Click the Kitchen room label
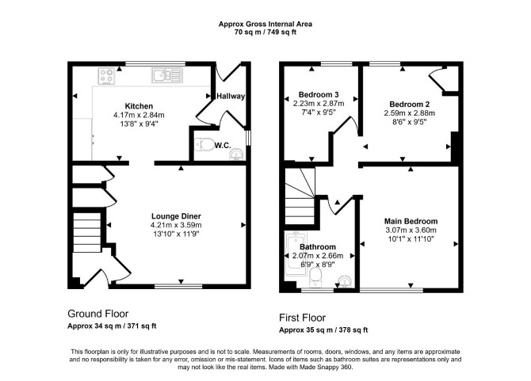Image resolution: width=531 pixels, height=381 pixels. [139, 106]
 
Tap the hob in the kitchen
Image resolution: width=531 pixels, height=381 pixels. [106, 76]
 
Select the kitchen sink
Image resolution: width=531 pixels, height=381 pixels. [167, 75]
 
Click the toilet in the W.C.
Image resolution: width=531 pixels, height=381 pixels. [204, 144]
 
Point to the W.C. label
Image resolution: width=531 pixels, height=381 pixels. [223, 146]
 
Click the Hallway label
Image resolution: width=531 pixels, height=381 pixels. [231, 96]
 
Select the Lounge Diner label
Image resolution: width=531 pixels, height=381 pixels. [176, 216]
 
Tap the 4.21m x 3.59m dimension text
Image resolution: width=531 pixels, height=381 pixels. [176, 225]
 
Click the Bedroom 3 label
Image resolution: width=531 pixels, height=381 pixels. [319, 94]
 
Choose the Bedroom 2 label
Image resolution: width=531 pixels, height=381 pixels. [410, 105]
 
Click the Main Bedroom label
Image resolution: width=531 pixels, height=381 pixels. [411, 221]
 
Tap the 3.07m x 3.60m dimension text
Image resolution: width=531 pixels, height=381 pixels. [411, 231]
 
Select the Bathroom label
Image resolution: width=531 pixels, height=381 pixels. [318, 247]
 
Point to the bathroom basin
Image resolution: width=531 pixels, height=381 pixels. [345, 281]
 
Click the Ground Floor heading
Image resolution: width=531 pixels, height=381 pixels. [98, 314]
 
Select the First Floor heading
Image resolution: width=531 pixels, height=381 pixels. [303, 318]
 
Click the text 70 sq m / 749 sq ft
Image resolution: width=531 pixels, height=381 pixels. [265, 32]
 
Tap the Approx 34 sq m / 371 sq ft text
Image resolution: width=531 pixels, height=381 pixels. [112, 326]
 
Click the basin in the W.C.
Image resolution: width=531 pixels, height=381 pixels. [236, 154]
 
